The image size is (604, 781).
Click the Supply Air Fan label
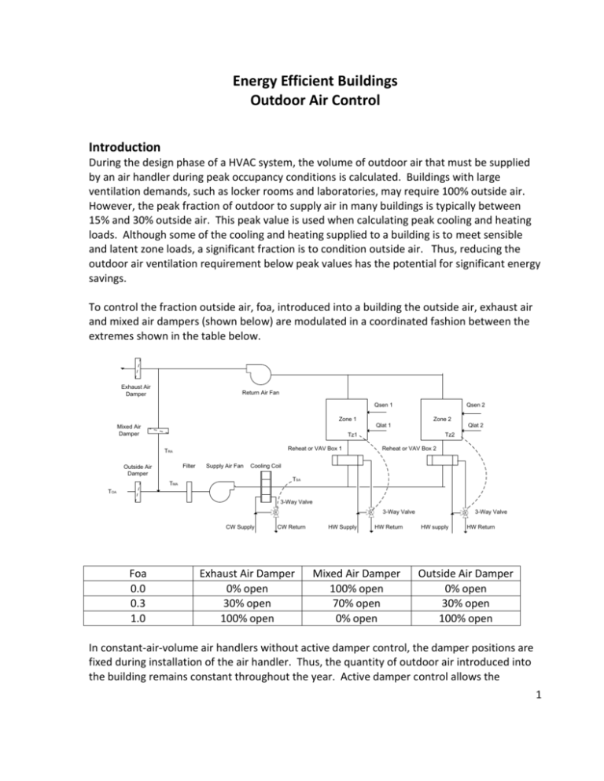224,465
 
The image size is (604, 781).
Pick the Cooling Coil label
267,465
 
